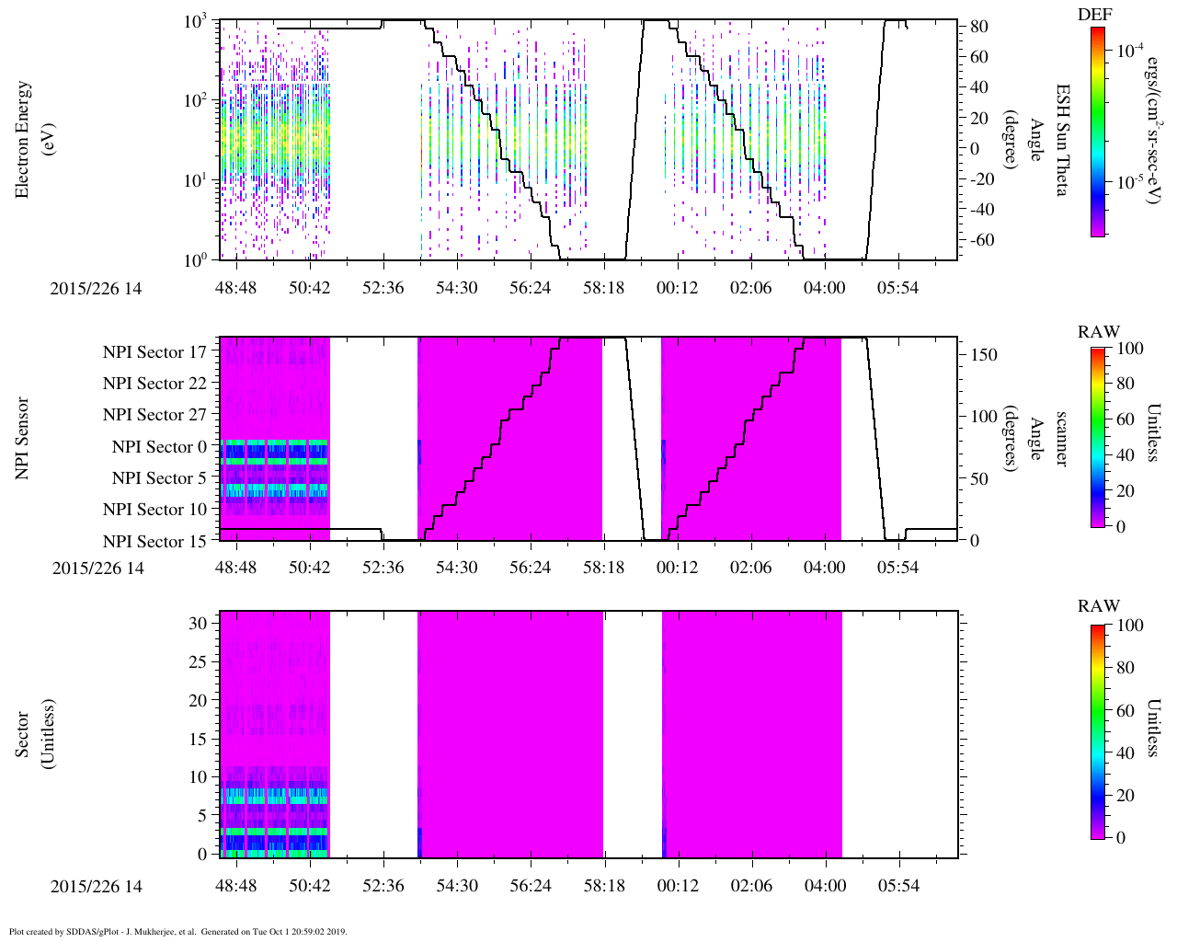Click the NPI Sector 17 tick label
[154, 352]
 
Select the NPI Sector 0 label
[159, 447]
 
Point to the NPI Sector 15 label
[154, 542]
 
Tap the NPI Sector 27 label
[154, 415]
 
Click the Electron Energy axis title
[32, 140]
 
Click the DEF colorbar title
[1094, 15]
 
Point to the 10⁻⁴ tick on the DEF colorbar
[1130, 51]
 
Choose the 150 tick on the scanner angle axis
[983, 355]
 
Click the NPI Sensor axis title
[22, 438]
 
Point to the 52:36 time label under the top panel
[383, 288]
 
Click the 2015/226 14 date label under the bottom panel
[97, 886]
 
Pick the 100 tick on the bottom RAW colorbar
[1129, 626]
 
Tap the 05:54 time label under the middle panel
[897, 568]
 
